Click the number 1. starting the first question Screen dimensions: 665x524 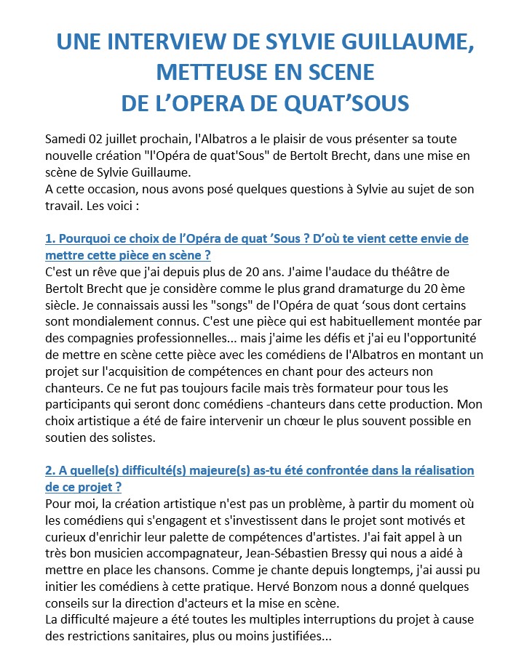[50, 238]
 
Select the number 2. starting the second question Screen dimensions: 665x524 [50, 470]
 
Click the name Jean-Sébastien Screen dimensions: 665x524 [257, 537]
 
